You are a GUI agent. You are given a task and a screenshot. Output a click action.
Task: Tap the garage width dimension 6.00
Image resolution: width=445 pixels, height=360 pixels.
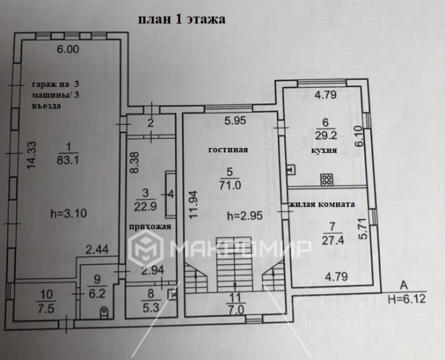[68, 49]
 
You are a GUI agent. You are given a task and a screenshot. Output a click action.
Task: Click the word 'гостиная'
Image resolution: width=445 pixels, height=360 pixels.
[227, 149]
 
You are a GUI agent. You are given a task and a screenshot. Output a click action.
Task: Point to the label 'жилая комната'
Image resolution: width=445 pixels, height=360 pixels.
[321, 204]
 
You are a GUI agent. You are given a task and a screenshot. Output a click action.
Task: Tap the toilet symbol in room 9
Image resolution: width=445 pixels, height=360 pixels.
[104, 311]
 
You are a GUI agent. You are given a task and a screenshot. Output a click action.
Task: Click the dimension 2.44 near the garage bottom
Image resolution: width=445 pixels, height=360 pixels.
[97, 248]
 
